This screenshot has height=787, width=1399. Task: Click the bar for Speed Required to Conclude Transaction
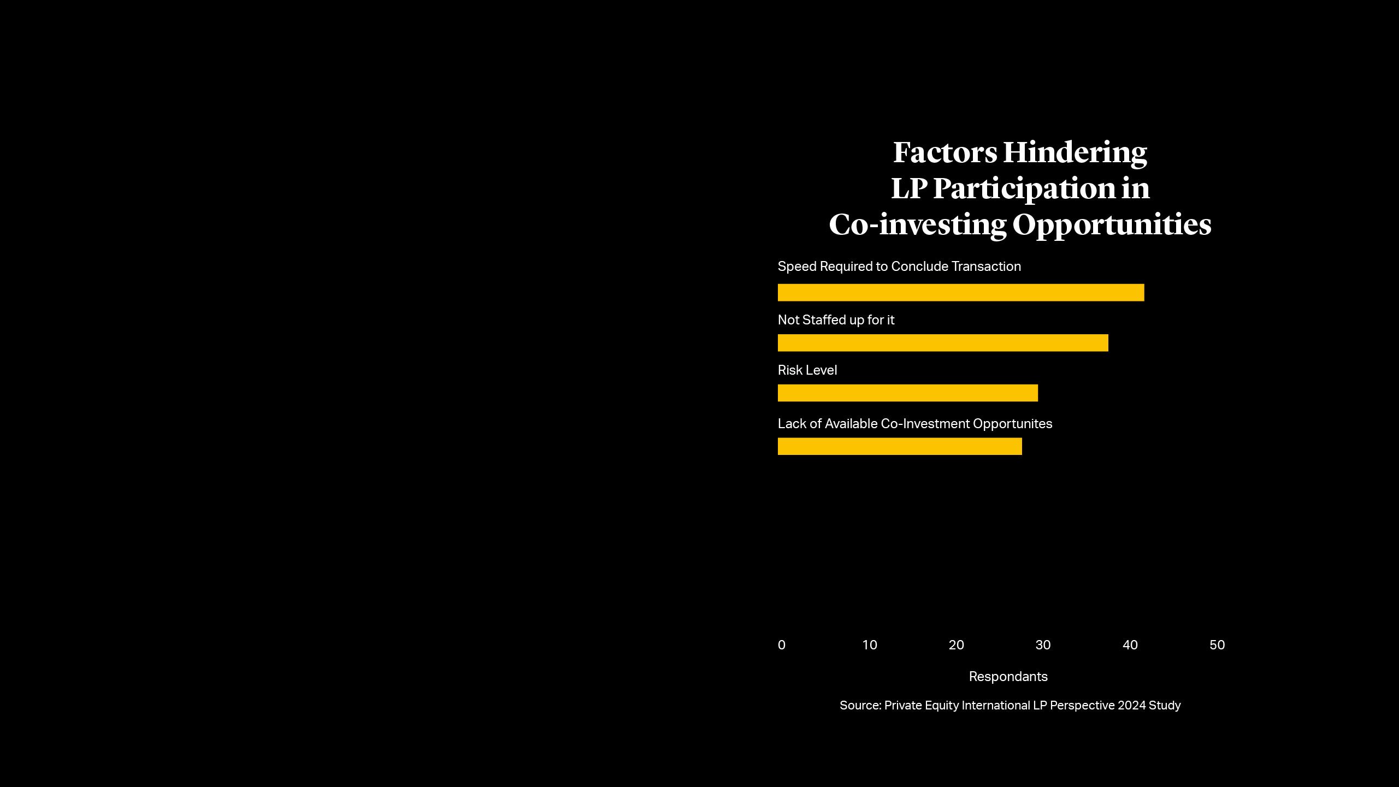pos(960,293)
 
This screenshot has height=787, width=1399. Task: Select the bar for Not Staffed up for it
pos(943,343)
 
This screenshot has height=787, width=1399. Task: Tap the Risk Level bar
pos(907,393)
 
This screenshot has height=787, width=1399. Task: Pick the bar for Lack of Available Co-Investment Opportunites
pos(900,446)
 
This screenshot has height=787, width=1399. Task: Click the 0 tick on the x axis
pos(782,645)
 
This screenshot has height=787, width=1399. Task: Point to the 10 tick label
pos(870,645)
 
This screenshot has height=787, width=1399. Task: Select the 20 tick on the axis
pos(957,645)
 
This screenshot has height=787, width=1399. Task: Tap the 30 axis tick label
pos(1043,645)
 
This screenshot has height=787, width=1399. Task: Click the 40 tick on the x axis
pos(1130,645)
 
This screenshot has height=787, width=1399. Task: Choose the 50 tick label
pos(1217,645)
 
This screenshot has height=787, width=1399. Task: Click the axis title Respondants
pos(1008,677)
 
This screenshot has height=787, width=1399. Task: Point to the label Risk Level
pos(807,370)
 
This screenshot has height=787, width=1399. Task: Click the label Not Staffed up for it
pos(836,320)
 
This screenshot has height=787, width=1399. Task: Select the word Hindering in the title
pos(1075,153)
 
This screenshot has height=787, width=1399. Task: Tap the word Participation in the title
pos(1024,189)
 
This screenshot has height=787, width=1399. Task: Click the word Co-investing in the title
pos(917,225)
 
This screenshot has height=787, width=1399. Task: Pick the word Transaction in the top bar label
pos(986,267)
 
